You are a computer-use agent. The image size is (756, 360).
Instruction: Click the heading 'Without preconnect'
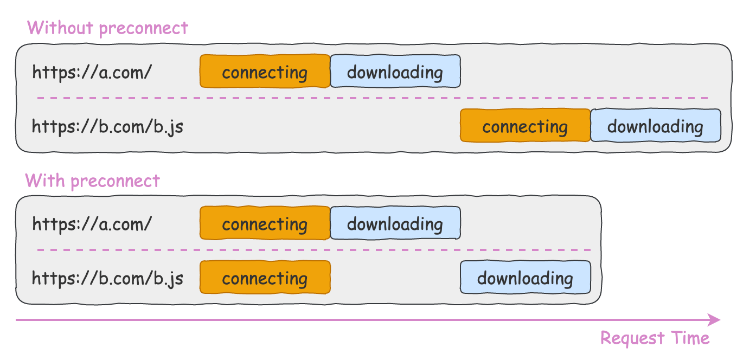[107, 28]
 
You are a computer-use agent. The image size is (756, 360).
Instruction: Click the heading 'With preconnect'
[93, 180]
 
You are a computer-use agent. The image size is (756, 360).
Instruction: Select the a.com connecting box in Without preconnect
[265, 71]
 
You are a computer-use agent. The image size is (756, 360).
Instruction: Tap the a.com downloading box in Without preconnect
[395, 71]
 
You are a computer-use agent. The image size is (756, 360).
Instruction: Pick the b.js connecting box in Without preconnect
[525, 126]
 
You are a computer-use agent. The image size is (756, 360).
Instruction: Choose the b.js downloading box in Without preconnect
[655, 126]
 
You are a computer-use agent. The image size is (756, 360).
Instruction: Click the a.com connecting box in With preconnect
[265, 223]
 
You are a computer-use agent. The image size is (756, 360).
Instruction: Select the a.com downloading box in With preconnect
[395, 223]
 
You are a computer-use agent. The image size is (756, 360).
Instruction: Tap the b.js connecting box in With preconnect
[265, 278]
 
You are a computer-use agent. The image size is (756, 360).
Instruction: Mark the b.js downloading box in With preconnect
[525, 278]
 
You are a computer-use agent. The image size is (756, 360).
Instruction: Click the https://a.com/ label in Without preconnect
[92, 72]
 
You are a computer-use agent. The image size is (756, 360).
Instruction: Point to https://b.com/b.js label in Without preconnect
[107, 127]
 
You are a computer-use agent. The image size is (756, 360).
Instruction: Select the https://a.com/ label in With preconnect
[92, 224]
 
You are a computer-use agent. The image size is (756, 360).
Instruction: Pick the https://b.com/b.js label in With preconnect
[107, 279]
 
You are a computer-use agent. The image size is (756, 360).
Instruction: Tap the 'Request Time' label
[655, 338]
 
